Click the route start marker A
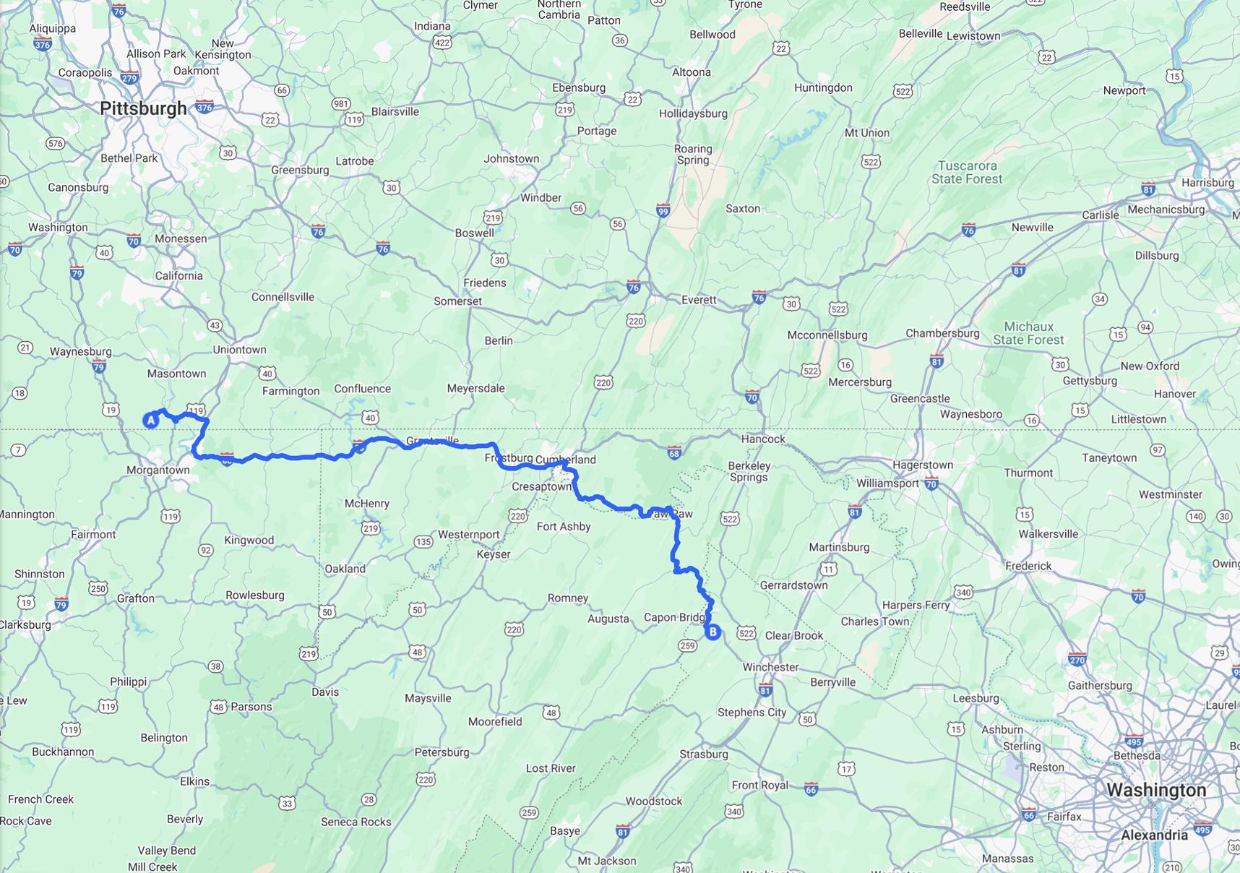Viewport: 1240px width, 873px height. click(x=150, y=420)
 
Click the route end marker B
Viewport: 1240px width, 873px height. click(x=712, y=632)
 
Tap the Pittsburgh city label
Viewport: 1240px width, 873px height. click(x=143, y=109)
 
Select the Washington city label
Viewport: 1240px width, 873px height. click(x=1155, y=790)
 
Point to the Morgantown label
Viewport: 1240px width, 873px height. click(x=158, y=470)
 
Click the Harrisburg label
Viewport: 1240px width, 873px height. click(x=1207, y=183)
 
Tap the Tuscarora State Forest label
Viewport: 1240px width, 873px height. click(x=967, y=173)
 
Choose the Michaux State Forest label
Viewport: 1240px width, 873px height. click(x=1028, y=333)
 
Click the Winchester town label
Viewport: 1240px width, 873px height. click(x=770, y=667)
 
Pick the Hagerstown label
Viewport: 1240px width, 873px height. click(x=922, y=465)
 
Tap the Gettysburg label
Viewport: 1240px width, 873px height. click(x=1090, y=381)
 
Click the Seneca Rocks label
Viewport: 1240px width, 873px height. click(x=356, y=822)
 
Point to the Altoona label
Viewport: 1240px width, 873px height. click(x=692, y=72)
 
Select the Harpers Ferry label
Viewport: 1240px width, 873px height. click(x=916, y=605)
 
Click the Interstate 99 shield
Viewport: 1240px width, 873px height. click(x=663, y=211)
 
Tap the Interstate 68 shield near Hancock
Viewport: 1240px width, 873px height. click(x=673, y=453)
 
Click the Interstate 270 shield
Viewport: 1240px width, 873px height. click(x=1077, y=659)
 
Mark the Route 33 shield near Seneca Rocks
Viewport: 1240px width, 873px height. click(x=287, y=803)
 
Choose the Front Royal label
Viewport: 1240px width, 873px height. click(x=759, y=785)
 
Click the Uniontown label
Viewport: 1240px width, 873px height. click(x=239, y=350)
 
